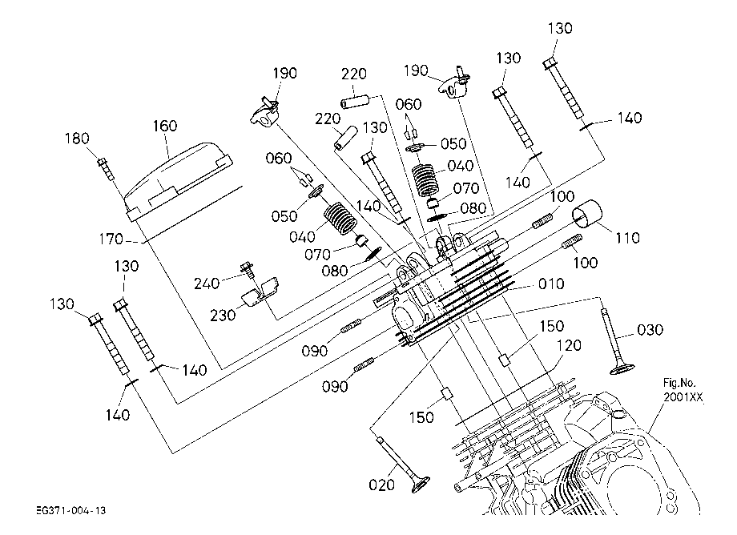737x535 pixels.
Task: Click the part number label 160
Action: pyautogui.click(x=165, y=126)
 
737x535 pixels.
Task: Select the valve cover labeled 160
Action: pyautogui.click(x=179, y=181)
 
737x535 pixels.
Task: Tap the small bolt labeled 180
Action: pyautogui.click(x=106, y=169)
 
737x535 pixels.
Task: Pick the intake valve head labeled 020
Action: pyautogui.click(x=421, y=485)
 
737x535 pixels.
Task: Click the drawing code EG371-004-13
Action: pyautogui.click(x=71, y=511)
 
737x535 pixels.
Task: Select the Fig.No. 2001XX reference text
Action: pyautogui.click(x=683, y=390)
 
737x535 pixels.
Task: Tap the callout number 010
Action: pyautogui.click(x=551, y=284)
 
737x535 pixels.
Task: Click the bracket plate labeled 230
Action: pyautogui.click(x=260, y=292)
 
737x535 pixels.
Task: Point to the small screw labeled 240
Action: pyautogui.click(x=248, y=269)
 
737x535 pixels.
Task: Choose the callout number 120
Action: pyautogui.click(x=569, y=345)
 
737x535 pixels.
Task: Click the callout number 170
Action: pyautogui.click(x=111, y=239)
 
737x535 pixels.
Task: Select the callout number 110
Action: pyautogui.click(x=627, y=238)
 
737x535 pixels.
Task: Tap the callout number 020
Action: pyautogui.click(x=381, y=485)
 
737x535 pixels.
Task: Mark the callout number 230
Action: pyautogui.click(x=223, y=315)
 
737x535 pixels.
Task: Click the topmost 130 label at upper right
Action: pyautogui.click(x=560, y=28)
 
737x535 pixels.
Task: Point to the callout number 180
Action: pyautogui.click(x=77, y=138)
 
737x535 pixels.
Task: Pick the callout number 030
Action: pyautogui.click(x=650, y=330)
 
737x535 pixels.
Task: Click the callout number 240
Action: pyautogui.click(x=207, y=284)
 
